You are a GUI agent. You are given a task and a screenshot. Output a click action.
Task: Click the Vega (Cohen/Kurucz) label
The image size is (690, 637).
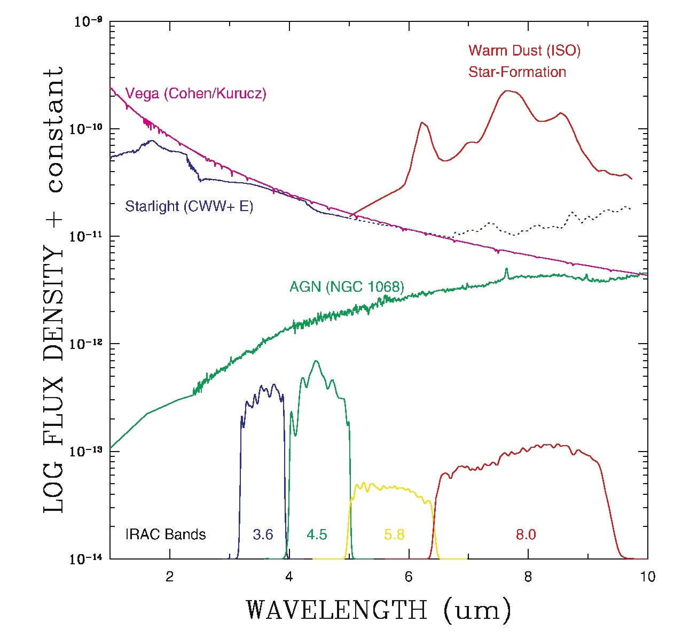coord(195,94)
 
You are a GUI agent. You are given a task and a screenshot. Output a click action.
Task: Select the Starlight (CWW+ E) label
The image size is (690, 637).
coord(189,206)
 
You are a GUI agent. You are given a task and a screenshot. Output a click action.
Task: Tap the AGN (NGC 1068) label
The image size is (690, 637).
coord(347,287)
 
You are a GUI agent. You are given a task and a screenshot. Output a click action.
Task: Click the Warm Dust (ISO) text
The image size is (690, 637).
coord(524,51)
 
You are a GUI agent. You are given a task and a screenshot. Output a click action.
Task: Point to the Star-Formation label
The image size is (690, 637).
coord(517,72)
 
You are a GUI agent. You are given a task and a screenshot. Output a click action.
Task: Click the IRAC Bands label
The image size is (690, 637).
coord(166,534)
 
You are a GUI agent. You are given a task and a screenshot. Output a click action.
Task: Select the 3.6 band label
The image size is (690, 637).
coord(263,534)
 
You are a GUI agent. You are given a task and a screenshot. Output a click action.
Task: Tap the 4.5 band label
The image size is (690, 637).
coord(317,534)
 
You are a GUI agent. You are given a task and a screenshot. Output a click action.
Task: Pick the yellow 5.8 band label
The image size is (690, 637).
coord(394,534)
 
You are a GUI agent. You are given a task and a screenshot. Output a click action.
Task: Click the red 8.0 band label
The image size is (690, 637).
coord(526,534)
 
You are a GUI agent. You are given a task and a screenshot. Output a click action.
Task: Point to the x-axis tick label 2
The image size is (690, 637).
coord(170,577)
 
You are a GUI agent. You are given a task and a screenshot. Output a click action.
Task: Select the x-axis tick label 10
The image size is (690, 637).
coord(647,577)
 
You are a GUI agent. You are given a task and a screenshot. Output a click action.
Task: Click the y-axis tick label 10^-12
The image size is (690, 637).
coord(87,344)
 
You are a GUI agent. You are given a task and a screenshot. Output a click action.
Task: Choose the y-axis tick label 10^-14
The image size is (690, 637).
coord(87,558)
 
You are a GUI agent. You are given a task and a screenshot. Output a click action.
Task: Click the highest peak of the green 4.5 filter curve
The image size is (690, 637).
coord(316,361)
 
